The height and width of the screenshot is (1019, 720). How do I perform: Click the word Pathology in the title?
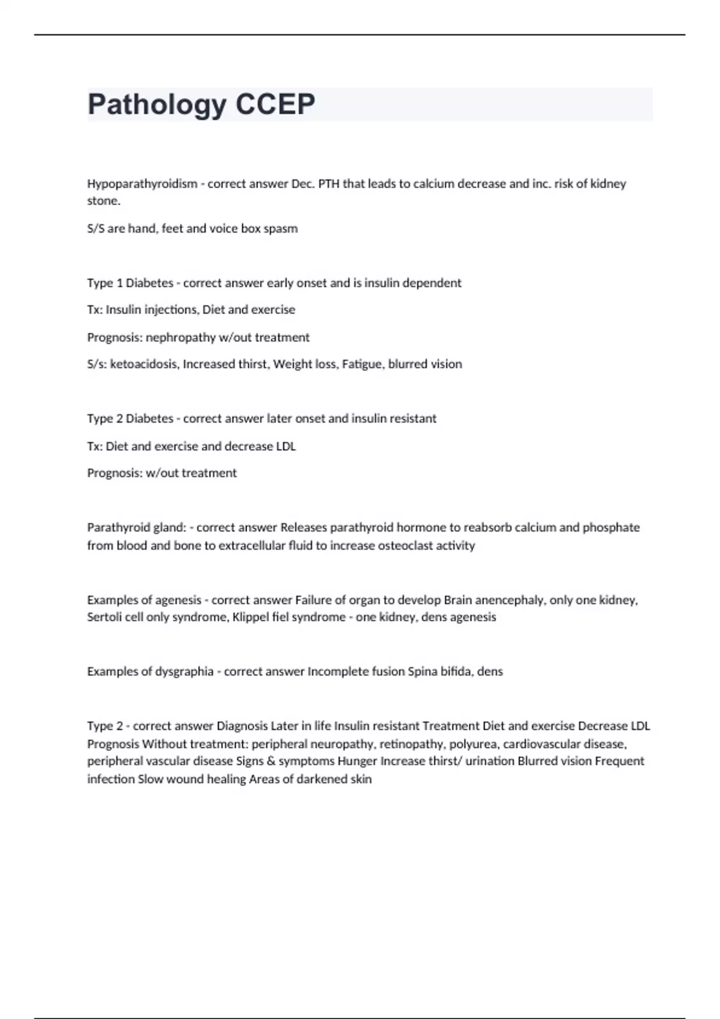157,105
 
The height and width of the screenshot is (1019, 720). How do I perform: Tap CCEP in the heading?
275,104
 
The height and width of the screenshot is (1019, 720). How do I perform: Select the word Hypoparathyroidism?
142,183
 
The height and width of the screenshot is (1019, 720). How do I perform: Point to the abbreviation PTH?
329,183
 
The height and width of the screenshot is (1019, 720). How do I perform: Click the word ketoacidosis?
144,364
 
